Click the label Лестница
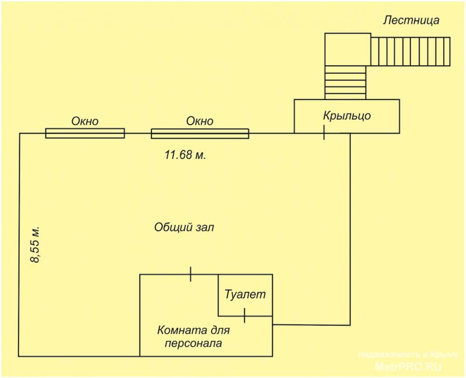(411, 21)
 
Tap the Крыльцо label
(347, 116)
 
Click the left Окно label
(85, 121)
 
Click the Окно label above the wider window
(200, 121)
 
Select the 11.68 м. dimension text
(185, 155)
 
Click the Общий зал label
(184, 227)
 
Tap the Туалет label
(245, 294)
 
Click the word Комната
(182, 330)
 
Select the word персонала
(193, 344)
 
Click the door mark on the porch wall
(324, 132)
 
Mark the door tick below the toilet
(244, 316)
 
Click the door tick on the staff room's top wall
(191, 274)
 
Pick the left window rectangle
(85, 133)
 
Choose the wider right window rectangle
(200, 134)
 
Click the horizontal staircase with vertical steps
(411, 52)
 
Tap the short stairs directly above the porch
(345, 82)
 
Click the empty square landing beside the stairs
(348, 49)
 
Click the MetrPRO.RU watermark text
(408, 367)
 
